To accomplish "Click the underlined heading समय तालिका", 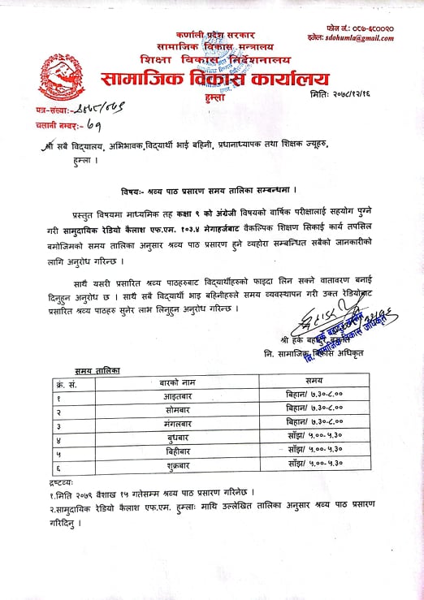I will pos(97,370).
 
